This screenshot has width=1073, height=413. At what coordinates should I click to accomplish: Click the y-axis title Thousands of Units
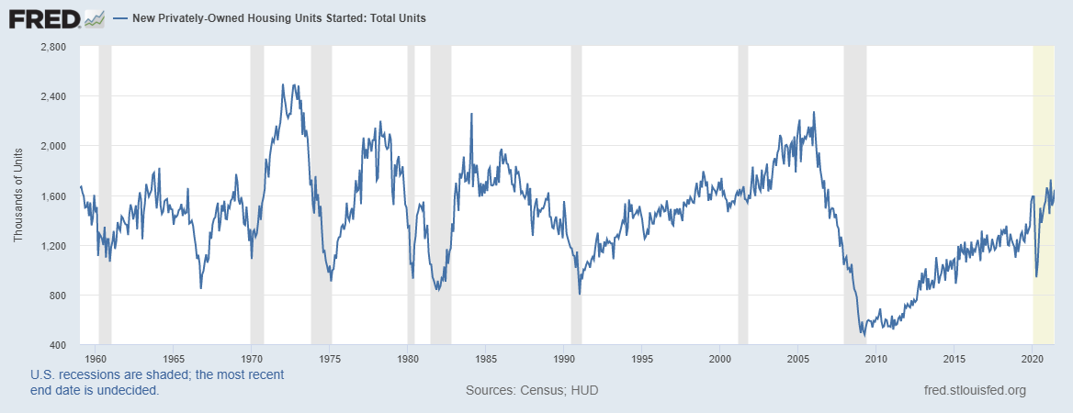click(18, 196)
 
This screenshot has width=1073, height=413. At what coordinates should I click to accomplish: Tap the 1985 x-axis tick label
click(486, 358)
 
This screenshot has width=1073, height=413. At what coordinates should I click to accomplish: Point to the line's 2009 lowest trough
click(864, 335)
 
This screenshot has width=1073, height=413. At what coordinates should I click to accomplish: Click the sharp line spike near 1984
click(471, 115)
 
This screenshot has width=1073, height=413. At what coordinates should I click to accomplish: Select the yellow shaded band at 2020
click(1044, 184)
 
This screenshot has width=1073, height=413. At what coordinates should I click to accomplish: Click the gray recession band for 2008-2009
click(854, 184)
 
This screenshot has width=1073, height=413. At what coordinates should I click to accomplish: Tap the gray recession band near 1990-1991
click(576, 184)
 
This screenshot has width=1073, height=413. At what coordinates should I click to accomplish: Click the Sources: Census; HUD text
click(532, 391)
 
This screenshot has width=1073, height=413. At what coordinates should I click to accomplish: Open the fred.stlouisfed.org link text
click(974, 391)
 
